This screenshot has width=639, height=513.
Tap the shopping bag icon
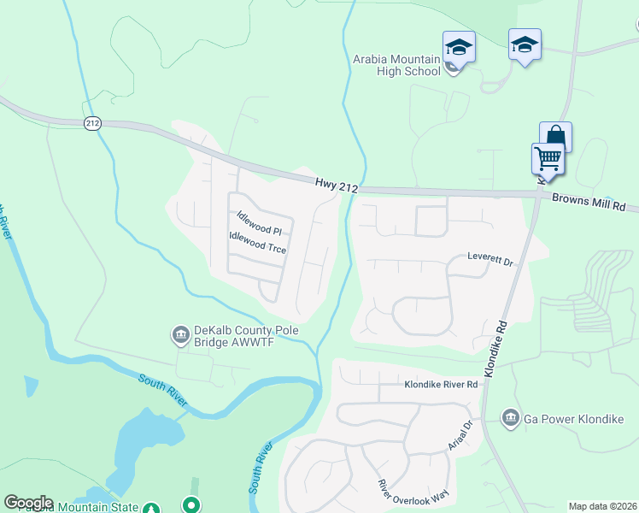point(555,136)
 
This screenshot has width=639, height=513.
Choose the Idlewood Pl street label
point(259,225)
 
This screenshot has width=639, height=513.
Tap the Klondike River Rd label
point(441,385)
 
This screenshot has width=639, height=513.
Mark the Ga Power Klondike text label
point(575,418)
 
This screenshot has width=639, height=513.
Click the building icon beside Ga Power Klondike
point(511,417)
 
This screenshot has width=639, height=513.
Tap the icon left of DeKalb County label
point(180,333)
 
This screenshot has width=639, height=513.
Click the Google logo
point(28,503)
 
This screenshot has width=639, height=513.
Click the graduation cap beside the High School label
point(459,47)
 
